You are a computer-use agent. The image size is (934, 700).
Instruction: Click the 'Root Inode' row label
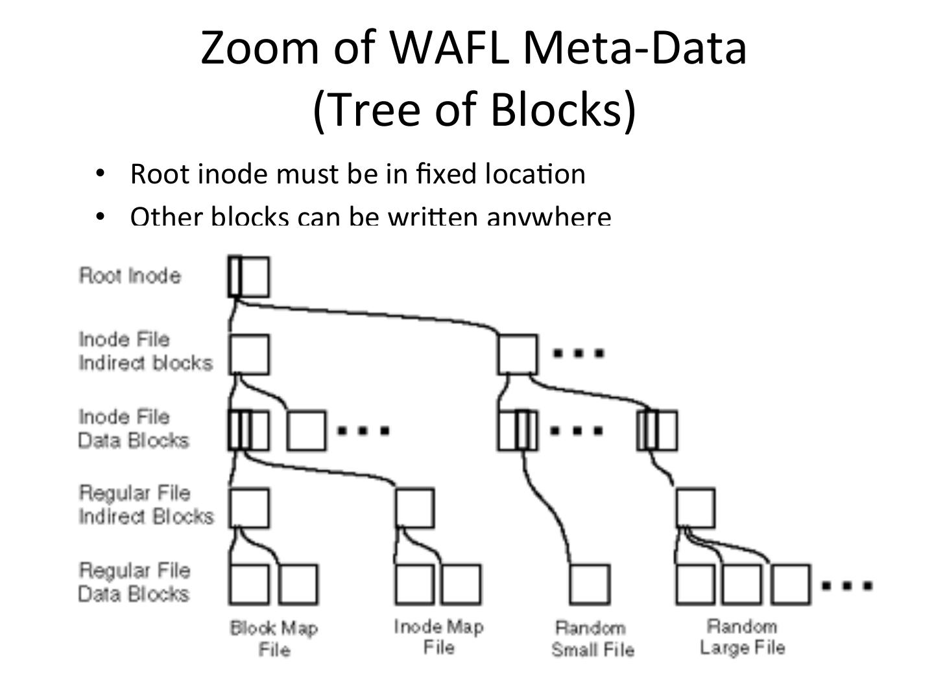tap(130, 275)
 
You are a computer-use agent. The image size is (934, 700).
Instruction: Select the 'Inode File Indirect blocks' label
tap(145, 351)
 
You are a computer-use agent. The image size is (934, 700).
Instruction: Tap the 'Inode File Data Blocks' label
tap(134, 428)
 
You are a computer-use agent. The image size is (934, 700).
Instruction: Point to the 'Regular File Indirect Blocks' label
tap(146, 505)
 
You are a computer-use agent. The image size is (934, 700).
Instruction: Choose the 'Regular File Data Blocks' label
tap(134, 582)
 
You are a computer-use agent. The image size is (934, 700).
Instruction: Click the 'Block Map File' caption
tap(274, 638)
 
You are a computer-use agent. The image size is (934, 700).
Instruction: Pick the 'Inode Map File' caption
tap(438, 637)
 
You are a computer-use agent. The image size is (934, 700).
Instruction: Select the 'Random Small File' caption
tap(592, 638)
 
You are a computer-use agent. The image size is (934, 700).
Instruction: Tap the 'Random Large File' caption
tap(742, 637)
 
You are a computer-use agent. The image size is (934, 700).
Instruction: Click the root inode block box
tap(248, 277)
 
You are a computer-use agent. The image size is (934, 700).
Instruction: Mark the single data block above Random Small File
tap(590, 584)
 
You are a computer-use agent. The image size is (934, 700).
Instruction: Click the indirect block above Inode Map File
tap(414, 508)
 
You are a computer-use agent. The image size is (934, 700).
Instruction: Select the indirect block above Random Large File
tap(695, 508)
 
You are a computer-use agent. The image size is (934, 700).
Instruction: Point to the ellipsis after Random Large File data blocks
tap(846, 585)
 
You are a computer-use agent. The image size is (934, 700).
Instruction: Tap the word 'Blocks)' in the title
tap(563, 108)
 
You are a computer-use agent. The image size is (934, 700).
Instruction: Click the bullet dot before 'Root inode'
tap(99, 174)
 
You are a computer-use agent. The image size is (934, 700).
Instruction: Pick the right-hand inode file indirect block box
tap(518, 354)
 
